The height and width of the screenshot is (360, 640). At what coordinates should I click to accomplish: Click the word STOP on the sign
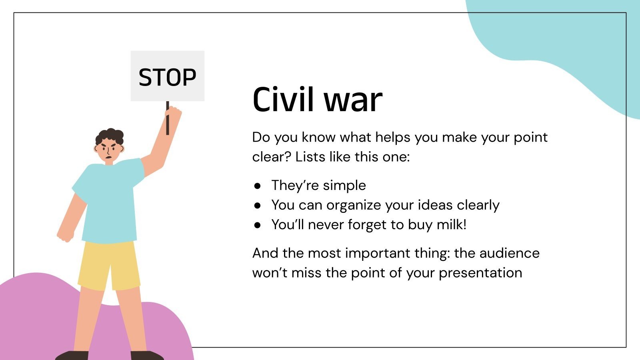pyautogui.click(x=167, y=77)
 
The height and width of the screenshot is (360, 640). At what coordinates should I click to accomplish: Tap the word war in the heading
pyautogui.click(x=353, y=100)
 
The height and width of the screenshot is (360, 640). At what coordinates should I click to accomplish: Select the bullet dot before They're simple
pyautogui.click(x=258, y=186)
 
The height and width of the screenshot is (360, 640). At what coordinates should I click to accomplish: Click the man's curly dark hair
pyautogui.click(x=109, y=136)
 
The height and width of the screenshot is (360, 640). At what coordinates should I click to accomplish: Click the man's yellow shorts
pyautogui.click(x=109, y=264)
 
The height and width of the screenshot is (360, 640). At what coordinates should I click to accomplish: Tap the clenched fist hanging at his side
pyautogui.click(x=65, y=236)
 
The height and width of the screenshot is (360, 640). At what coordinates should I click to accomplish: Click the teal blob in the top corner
pyautogui.click(x=560, y=36)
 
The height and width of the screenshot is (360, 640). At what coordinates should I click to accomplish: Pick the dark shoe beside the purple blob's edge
pyautogui.click(x=147, y=355)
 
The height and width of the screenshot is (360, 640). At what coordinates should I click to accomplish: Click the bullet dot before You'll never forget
pyautogui.click(x=258, y=225)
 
